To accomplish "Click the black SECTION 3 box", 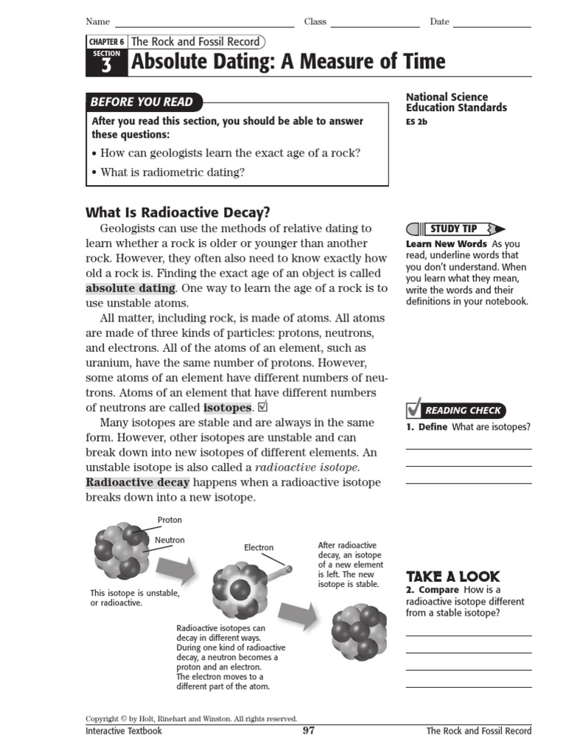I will coord(106,63).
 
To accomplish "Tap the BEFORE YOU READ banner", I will coord(141,102).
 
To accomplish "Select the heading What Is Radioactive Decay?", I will coord(178,212).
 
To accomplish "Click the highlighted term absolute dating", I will coord(130,288).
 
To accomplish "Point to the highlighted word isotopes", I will coord(227,408).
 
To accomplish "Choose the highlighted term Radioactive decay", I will coord(138,482).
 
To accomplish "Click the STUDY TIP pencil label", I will coord(455,229).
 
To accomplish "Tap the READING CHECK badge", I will coord(456,410).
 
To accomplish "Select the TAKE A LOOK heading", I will coord(453,577).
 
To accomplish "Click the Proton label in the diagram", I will coord(170,520).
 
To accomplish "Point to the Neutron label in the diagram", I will coord(170,540).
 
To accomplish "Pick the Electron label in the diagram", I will coord(259,547).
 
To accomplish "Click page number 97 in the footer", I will coord(309,731).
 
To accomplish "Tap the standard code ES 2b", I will coord(416,122).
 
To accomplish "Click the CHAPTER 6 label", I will coord(106,43).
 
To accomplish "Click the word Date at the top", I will coord(439,21).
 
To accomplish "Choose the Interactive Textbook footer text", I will coord(123,731).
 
